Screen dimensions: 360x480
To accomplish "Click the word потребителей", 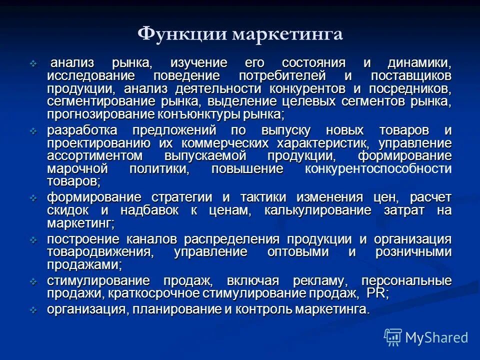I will click(x=282, y=76).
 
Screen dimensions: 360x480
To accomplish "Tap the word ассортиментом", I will click(x=95, y=156).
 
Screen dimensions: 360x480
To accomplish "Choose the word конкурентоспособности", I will click(x=378, y=168).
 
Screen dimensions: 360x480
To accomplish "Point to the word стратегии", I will click(x=180, y=197).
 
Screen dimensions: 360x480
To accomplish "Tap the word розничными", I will click(x=413, y=252).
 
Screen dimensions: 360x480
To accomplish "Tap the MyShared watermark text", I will click(x=437, y=337).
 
